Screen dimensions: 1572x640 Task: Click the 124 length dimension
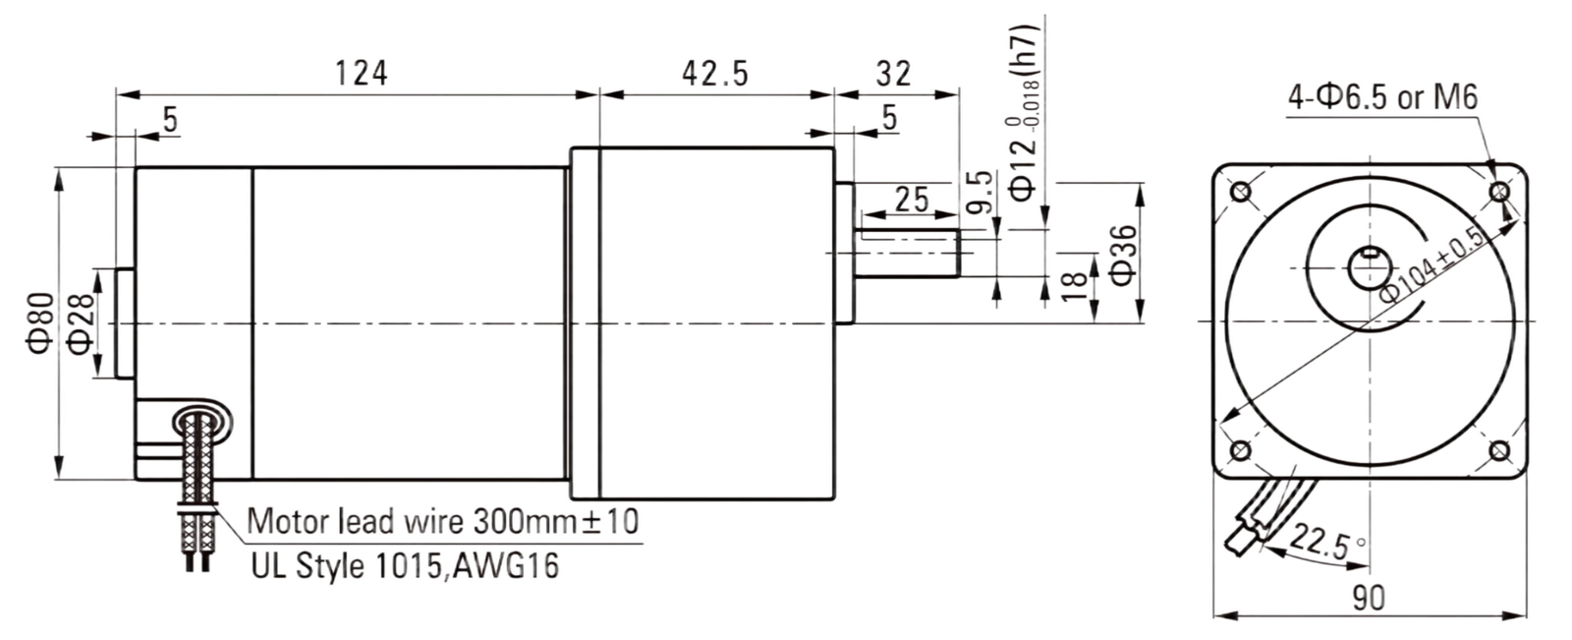(361, 73)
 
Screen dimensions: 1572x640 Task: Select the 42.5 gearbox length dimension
(715, 73)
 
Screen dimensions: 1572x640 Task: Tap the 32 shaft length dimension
(893, 73)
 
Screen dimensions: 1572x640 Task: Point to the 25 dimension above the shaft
(912, 200)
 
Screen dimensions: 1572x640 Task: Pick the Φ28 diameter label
(80, 322)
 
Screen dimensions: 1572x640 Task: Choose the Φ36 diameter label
(1124, 255)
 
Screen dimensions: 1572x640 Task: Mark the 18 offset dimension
(1074, 287)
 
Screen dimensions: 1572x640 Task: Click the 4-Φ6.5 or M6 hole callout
(1382, 97)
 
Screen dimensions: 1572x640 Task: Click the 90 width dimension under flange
(1370, 598)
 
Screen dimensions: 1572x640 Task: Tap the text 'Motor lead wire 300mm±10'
(443, 521)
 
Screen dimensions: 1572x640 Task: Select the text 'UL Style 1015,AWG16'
(405, 565)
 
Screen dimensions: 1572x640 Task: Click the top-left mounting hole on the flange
(1241, 192)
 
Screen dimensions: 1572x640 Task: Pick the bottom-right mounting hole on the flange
(1499, 450)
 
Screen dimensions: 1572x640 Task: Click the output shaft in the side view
(907, 253)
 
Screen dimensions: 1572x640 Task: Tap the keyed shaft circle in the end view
(1369, 268)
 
